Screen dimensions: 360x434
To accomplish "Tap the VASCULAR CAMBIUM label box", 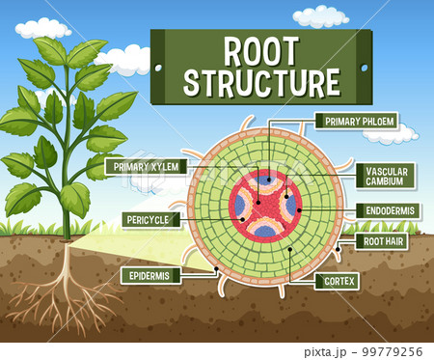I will (x=385, y=176).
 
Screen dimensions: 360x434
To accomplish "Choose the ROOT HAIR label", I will (x=383, y=240).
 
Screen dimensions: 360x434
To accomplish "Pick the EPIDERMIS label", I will (x=150, y=275).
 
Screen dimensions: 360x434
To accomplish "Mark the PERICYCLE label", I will (x=149, y=219).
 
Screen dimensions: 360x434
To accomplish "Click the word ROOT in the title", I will (x=260, y=50).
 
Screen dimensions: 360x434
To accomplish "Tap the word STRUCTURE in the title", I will (x=260, y=82).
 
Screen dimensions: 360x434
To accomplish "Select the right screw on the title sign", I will (x=364, y=67).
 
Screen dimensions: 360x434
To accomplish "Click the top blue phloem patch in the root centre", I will (x=265, y=180).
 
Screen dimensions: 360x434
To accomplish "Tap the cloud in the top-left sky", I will (x=42, y=28).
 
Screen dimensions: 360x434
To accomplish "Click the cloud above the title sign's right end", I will (x=320, y=16).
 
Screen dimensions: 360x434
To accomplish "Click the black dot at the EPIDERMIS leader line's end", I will (x=218, y=267).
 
